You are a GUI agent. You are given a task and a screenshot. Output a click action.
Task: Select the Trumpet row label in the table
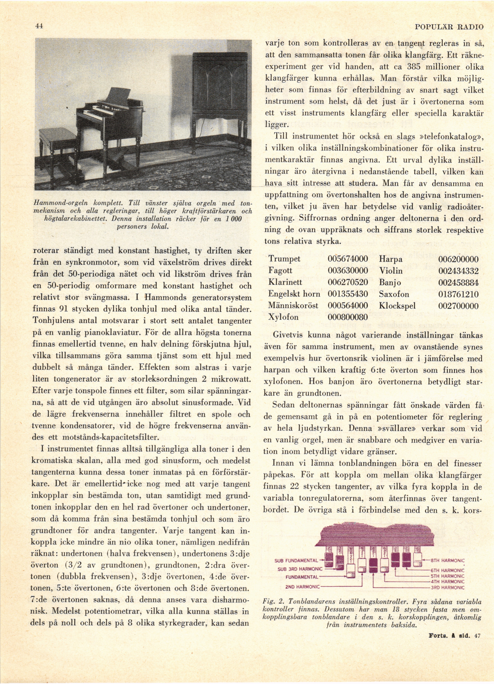[284, 259]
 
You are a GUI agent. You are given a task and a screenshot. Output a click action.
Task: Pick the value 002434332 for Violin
[458, 270]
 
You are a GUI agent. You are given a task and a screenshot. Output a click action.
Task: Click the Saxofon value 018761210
[458, 294]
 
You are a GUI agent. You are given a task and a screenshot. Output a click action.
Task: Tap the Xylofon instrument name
[283, 317]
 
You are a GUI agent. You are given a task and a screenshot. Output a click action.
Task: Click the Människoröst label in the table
[293, 305]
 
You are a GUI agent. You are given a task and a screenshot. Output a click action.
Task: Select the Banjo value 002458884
[458, 282]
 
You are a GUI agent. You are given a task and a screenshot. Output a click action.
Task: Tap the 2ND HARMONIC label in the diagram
[302, 587]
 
